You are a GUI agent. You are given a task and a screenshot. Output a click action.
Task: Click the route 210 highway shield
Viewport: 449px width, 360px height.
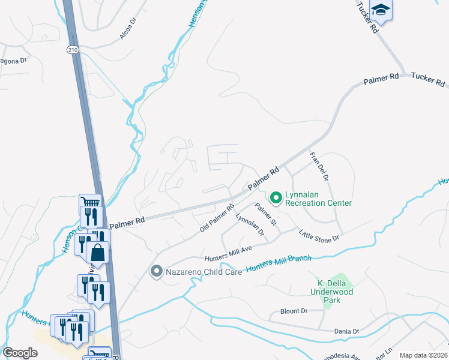click(73, 49)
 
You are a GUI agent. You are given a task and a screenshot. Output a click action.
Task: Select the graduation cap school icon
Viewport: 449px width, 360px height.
click(381, 10)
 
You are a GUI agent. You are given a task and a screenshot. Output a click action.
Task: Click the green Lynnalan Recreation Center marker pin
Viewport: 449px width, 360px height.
click(276, 196)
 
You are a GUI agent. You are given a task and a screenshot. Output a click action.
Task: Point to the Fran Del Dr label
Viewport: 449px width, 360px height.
click(319, 166)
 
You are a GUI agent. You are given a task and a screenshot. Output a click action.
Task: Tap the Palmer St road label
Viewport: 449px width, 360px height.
click(265, 215)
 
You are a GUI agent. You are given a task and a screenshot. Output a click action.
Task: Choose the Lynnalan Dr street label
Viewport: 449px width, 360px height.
click(249, 224)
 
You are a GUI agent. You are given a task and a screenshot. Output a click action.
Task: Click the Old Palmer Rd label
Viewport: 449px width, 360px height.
click(217, 219)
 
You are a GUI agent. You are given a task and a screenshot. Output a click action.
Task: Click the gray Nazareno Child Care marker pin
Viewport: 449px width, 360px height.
click(156, 271)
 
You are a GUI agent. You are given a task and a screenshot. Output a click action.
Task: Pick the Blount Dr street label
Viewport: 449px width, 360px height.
click(294, 311)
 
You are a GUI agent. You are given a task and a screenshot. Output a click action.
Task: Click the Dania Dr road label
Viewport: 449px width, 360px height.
click(346, 331)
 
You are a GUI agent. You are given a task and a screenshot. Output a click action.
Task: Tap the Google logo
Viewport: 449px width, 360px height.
click(20, 353)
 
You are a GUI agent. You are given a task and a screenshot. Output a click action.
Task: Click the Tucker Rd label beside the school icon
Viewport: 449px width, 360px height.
click(367, 16)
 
